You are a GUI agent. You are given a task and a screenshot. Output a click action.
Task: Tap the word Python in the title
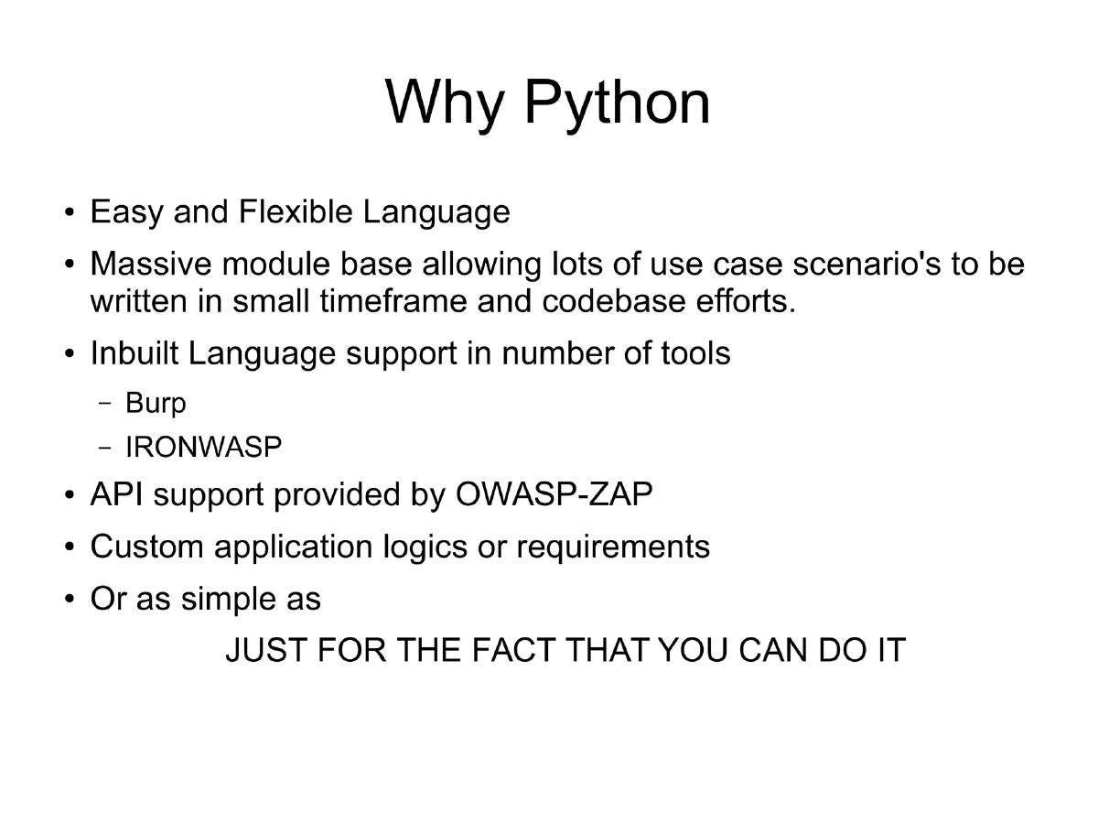pyautogui.click(x=618, y=103)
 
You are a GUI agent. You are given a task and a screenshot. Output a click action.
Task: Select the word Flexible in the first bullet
pyautogui.click(x=295, y=212)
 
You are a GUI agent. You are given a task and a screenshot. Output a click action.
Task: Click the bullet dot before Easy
pyautogui.click(x=70, y=214)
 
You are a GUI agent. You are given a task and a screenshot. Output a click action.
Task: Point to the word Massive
pyautogui.click(x=150, y=265)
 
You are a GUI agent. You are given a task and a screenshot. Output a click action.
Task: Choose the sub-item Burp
pyautogui.click(x=156, y=403)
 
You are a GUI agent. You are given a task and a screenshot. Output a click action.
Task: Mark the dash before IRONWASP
pyautogui.click(x=105, y=448)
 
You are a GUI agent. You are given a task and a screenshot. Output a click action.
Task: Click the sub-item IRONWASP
pyautogui.click(x=203, y=448)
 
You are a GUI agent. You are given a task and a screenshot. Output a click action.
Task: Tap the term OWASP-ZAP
pyautogui.click(x=554, y=494)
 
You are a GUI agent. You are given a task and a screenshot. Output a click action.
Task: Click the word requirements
pyautogui.click(x=613, y=547)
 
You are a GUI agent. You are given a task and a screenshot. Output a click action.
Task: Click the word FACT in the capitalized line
pyautogui.click(x=513, y=651)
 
